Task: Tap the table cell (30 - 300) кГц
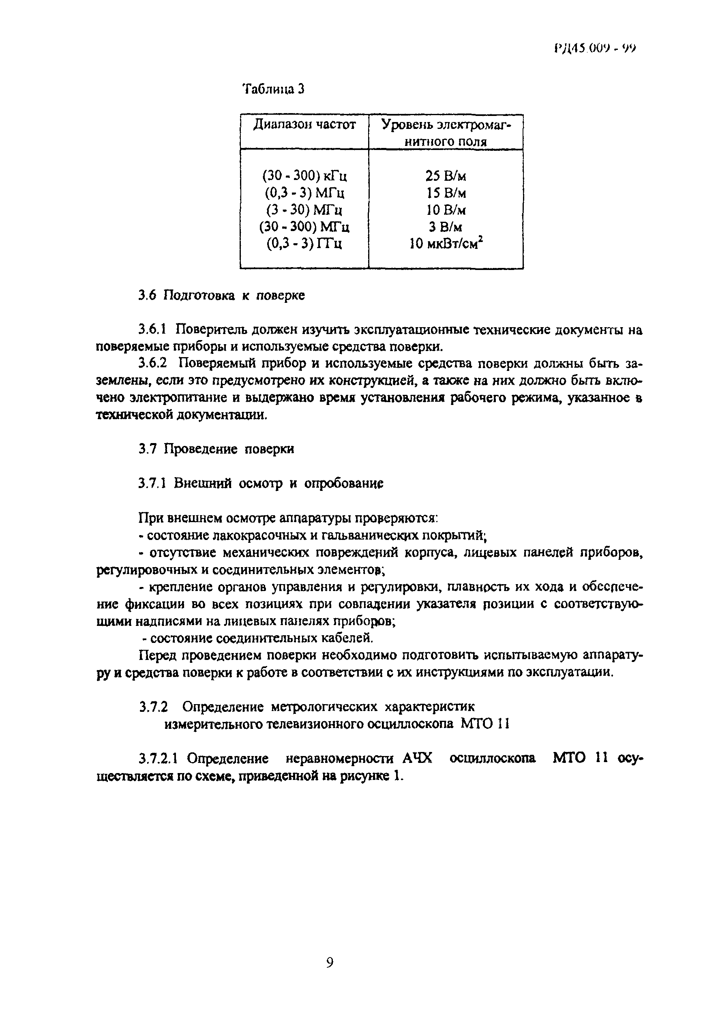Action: [x=304, y=176]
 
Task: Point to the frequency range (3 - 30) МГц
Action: [x=304, y=210]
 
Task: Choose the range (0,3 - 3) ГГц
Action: [x=304, y=244]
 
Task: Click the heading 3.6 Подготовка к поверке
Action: [x=221, y=295]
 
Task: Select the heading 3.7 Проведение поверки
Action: [x=216, y=449]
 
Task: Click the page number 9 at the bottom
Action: [x=330, y=963]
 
